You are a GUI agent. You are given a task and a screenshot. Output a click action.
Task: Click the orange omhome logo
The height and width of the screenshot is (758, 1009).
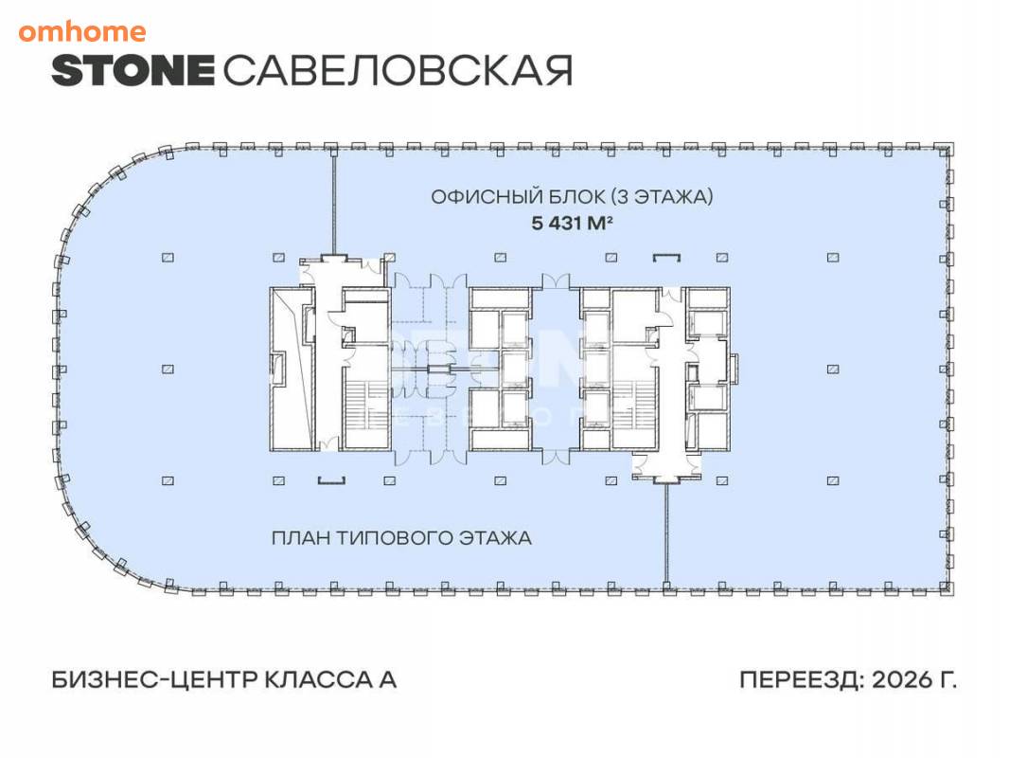81,31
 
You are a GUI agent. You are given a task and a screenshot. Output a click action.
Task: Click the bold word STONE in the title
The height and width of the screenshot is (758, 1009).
133,71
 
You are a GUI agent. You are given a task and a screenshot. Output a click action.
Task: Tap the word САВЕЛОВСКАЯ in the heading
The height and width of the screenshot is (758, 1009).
398,71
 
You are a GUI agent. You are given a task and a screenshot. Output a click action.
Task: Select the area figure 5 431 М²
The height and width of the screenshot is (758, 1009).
572,223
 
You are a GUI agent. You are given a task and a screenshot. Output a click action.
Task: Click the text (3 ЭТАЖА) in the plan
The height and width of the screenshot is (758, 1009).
662,196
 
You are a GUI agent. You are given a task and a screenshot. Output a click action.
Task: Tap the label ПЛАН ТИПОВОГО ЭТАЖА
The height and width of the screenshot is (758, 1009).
401,537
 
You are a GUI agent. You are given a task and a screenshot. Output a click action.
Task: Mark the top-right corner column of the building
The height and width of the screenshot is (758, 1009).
946,149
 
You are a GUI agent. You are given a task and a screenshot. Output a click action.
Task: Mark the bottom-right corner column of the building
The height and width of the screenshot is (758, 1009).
946,587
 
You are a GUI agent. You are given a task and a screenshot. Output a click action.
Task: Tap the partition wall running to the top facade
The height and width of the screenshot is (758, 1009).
333,203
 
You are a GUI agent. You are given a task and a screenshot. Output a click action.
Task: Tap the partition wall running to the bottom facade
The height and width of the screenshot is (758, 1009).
666,532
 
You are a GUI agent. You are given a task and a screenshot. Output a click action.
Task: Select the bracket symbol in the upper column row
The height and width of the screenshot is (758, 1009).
666,259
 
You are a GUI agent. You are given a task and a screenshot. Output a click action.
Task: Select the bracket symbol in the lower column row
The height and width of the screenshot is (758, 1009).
331,479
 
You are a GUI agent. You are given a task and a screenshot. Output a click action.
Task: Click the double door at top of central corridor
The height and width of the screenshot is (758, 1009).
556,281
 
